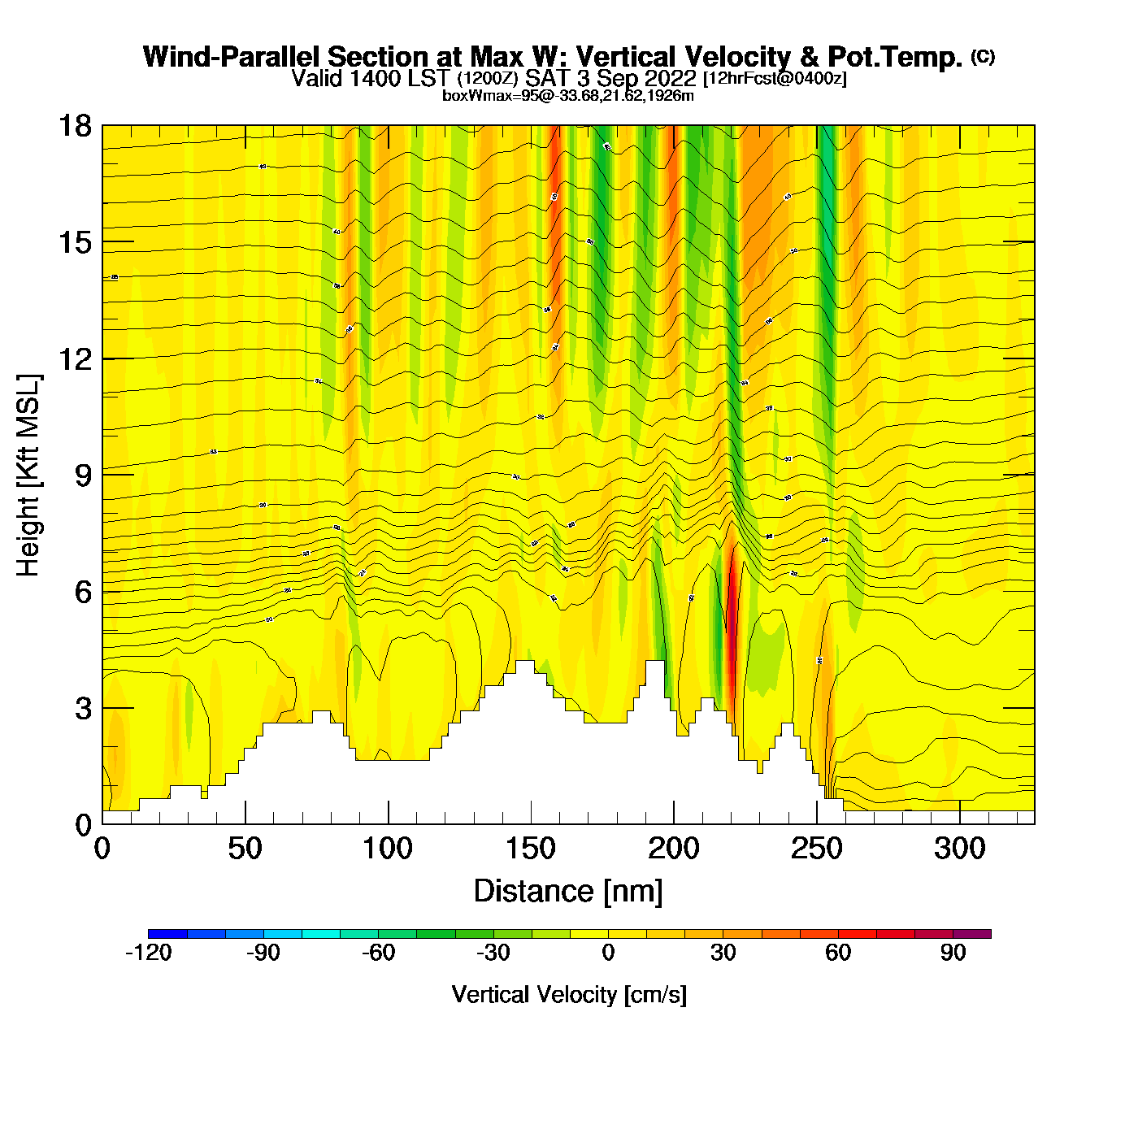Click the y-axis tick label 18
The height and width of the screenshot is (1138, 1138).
pos(74,126)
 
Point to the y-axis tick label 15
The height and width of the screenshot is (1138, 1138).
pos(74,242)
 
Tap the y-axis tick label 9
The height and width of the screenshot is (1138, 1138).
pos(84,475)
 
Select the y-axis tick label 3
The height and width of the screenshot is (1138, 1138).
pos(84,708)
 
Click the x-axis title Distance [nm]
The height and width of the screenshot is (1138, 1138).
pos(568,891)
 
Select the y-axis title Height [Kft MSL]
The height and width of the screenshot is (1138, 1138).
pos(28,476)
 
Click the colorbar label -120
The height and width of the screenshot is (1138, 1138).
pos(149,953)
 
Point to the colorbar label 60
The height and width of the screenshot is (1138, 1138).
pos(838,953)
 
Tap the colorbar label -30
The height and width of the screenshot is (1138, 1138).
pos(493,953)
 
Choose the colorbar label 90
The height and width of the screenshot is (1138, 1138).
pos(953,953)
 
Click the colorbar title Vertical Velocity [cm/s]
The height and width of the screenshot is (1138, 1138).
pos(569,994)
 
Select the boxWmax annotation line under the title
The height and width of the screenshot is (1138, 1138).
pos(568,96)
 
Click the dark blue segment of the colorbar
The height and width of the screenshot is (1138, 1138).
pos(167,934)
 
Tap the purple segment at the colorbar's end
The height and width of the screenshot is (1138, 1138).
pos(972,934)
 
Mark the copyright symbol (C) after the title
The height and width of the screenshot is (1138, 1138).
pos(983,56)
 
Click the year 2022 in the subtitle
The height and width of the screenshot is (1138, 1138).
pos(671,78)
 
